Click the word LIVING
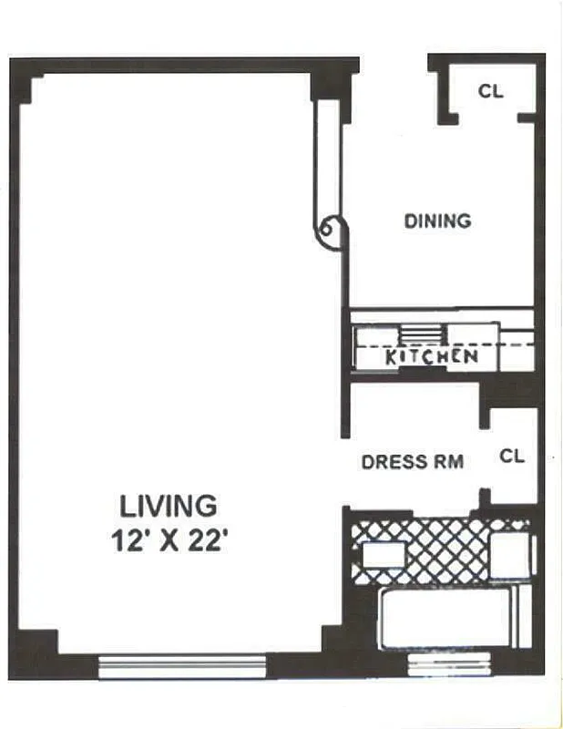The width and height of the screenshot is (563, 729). point(169,504)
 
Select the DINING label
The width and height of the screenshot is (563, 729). point(437,221)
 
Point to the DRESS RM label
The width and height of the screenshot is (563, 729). point(412,461)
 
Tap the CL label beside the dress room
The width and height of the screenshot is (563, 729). point(512,457)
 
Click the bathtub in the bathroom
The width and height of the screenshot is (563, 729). point(446,618)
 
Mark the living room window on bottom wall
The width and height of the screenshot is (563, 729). point(181,666)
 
